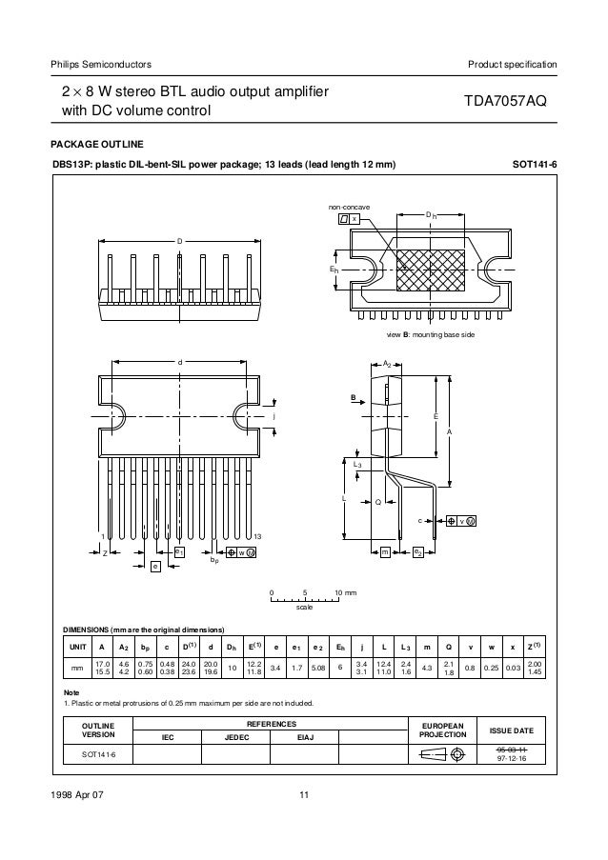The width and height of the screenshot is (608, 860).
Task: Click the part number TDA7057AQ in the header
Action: (505, 102)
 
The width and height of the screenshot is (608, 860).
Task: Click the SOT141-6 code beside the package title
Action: (535, 165)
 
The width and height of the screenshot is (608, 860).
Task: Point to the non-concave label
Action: (349, 206)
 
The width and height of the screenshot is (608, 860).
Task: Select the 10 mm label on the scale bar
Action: (344, 593)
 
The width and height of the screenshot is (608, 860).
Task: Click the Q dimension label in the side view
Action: (378, 502)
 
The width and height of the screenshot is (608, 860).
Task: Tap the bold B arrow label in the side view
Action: (352, 398)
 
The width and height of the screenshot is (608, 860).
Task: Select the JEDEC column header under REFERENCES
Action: (237, 736)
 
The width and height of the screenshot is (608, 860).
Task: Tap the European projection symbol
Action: (437, 755)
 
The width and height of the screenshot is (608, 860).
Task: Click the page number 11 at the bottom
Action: (304, 796)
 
